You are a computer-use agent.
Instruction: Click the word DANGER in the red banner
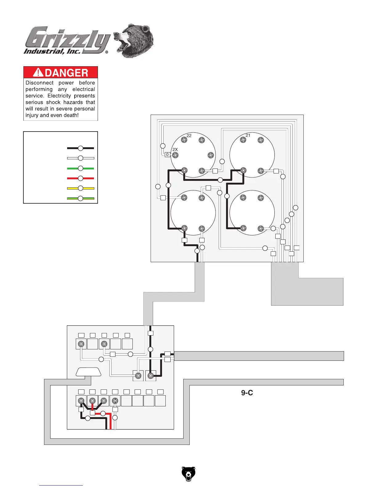click(x=66, y=73)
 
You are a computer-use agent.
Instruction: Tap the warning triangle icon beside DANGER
click(x=38, y=72)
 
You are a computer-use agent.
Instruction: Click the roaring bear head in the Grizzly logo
click(x=133, y=40)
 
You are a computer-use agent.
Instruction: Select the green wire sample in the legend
click(x=80, y=169)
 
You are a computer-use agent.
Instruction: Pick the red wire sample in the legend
click(x=80, y=178)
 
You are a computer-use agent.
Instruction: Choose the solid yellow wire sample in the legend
click(x=80, y=188)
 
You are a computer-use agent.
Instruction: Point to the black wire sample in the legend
click(x=80, y=148)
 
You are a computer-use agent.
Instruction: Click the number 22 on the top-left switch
click(x=189, y=136)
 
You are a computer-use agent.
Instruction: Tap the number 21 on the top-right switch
click(x=248, y=135)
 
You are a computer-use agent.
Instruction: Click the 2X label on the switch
click(x=175, y=149)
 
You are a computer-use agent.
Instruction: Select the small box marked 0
click(x=167, y=155)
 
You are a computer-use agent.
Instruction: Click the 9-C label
click(x=247, y=393)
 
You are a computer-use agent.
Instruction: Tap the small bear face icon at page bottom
click(x=188, y=474)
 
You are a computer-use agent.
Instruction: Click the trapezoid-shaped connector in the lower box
click(x=89, y=372)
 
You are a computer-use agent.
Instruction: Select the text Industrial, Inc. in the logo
click(x=52, y=51)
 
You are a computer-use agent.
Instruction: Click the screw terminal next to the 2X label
click(x=175, y=155)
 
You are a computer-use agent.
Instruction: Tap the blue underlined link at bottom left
click(x=61, y=485)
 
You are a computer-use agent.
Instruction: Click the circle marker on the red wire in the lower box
click(x=103, y=413)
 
